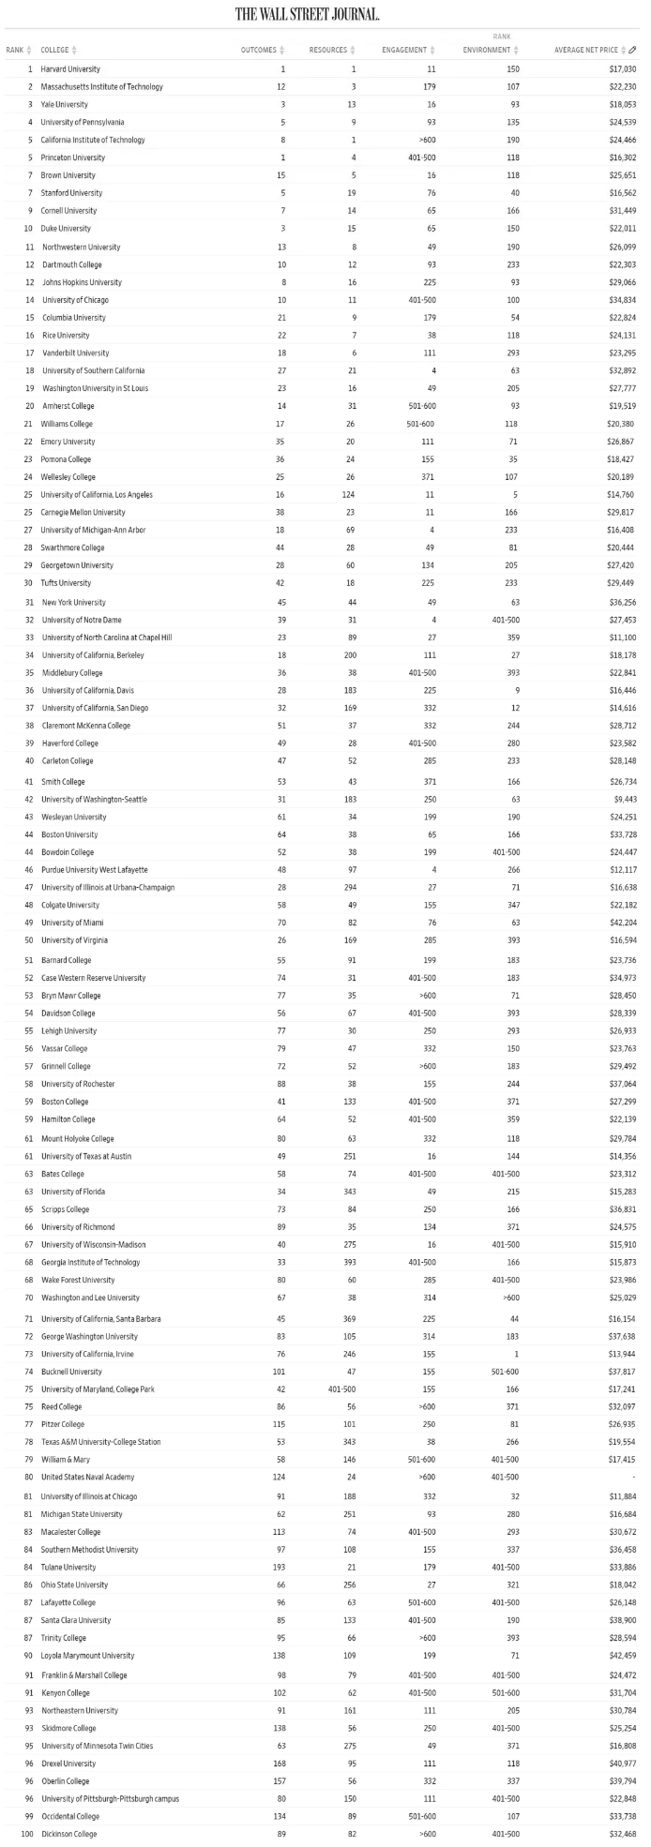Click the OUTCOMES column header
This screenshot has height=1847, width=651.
tap(258, 50)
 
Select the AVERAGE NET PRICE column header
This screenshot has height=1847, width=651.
tap(590, 50)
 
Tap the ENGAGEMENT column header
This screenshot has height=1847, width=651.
tap(404, 50)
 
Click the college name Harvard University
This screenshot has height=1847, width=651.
tap(70, 68)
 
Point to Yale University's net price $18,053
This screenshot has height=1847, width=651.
tap(622, 104)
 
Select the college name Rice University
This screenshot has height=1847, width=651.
tap(66, 335)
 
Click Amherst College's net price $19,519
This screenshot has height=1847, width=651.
tap(622, 406)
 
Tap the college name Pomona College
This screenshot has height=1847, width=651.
tap(66, 459)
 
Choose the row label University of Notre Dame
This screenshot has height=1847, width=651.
tap(82, 620)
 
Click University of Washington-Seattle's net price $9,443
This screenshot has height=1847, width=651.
tap(624, 799)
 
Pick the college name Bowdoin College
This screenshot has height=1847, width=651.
tap(68, 852)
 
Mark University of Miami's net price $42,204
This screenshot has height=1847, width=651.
tap(622, 923)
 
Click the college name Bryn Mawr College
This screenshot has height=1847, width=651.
tap(70, 995)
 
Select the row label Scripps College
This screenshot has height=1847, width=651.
tap(63, 1209)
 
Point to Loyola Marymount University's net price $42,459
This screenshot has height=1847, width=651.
tap(622, 1656)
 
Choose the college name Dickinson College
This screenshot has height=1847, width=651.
tap(68, 1834)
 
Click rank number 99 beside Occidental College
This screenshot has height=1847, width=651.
tap(29, 1816)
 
